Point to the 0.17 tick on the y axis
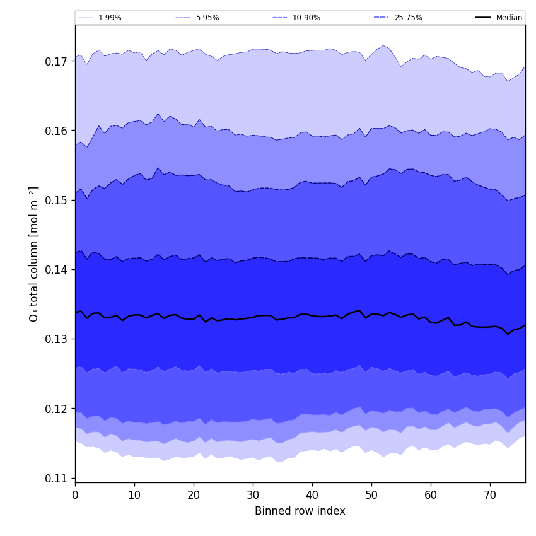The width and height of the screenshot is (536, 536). coord(56,62)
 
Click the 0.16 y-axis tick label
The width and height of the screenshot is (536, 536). coord(56,131)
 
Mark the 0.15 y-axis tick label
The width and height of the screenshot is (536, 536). coord(56,201)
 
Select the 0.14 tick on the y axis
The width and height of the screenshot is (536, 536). coord(56,270)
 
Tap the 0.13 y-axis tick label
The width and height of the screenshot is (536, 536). coord(56,339)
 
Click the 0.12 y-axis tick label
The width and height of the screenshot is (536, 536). coord(56,409)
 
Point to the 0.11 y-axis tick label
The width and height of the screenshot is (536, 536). coord(56,478)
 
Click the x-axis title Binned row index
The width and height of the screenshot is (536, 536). coord(300,511)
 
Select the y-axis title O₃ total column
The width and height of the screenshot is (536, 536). coord(34,253)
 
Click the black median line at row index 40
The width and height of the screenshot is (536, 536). coord(312,315)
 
